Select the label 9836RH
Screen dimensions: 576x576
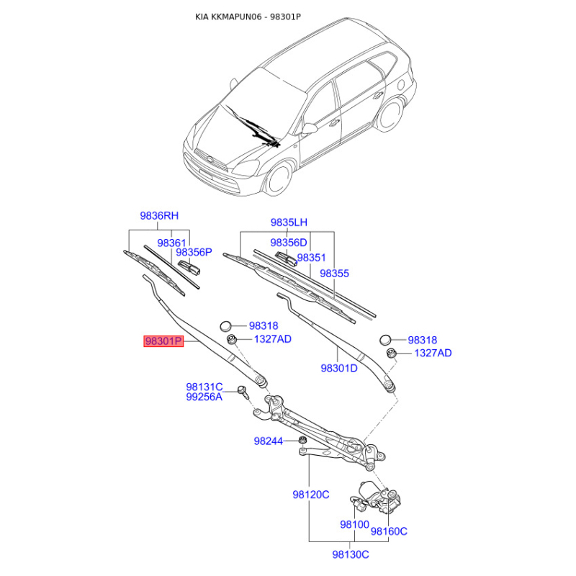pos(158,215)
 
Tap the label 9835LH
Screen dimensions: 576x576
pos(288,222)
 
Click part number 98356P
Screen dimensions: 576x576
pos(194,252)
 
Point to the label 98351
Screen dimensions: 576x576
pos(312,257)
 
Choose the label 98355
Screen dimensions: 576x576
pos(335,274)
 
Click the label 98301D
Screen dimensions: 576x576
pos(339,368)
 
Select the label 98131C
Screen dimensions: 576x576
pos(204,386)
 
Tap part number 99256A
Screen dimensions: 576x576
pos(204,397)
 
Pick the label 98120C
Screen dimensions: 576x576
pos(310,495)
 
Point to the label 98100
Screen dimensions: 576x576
pos(354,525)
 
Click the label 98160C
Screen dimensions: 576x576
pos(389,531)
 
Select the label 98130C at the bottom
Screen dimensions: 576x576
pos(351,554)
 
